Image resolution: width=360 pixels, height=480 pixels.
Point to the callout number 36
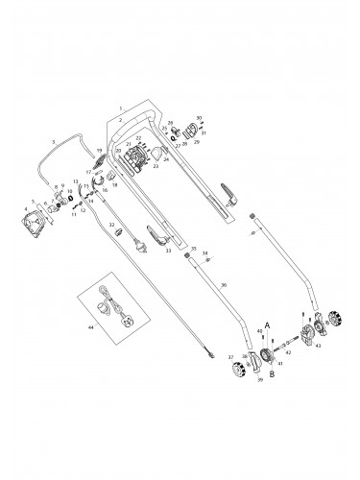point(223,285)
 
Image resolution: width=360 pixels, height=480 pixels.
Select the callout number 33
point(168,251)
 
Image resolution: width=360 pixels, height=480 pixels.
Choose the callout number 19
point(99,151)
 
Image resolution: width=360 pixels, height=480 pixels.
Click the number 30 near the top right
point(199,118)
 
